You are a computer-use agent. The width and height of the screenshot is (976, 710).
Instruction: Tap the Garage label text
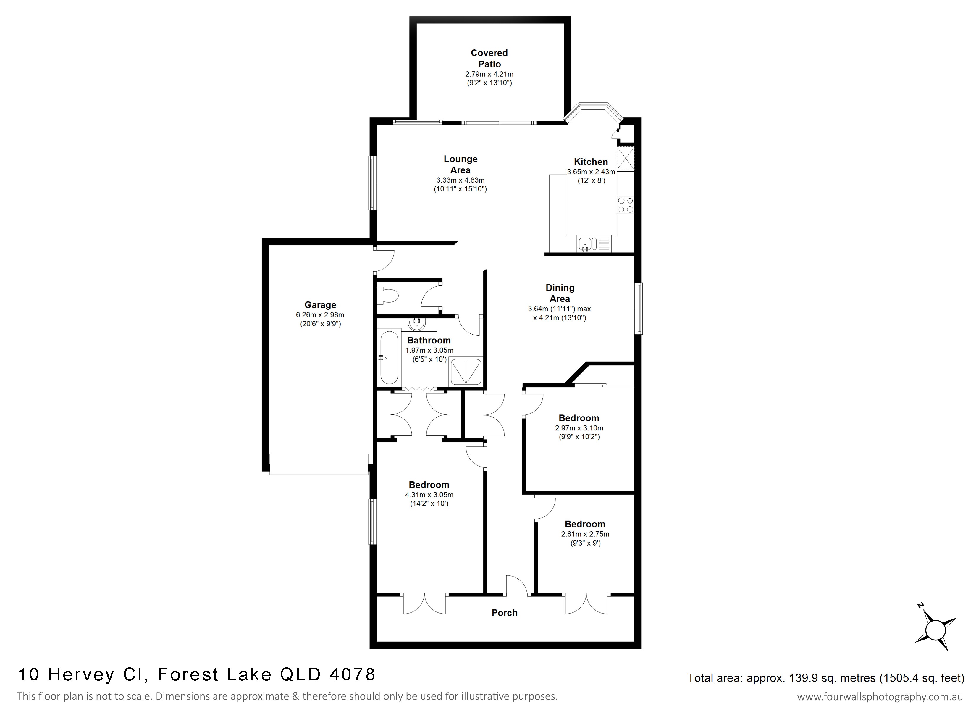click(320, 305)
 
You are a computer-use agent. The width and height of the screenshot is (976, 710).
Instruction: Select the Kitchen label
click(591, 162)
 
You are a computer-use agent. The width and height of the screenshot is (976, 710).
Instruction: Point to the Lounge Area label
click(460, 164)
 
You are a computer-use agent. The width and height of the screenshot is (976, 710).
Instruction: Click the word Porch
click(504, 613)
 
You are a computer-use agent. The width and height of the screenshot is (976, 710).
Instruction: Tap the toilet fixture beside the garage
click(387, 296)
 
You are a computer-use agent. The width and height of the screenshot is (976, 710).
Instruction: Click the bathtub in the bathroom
click(390, 357)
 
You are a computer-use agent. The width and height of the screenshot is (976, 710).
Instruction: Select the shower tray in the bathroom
click(466, 372)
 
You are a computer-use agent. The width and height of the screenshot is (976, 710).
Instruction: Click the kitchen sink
click(588, 244)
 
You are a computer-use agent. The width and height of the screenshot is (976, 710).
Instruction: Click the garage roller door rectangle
click(319, 464)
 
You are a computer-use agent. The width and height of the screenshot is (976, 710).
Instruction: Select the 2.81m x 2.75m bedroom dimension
click(585, 534)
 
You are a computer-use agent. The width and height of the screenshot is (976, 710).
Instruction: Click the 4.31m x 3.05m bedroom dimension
click(429, 495)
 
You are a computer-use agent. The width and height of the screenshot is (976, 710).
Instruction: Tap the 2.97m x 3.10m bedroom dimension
click(579, 428)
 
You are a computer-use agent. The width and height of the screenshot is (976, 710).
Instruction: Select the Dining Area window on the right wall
click(639, 308)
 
